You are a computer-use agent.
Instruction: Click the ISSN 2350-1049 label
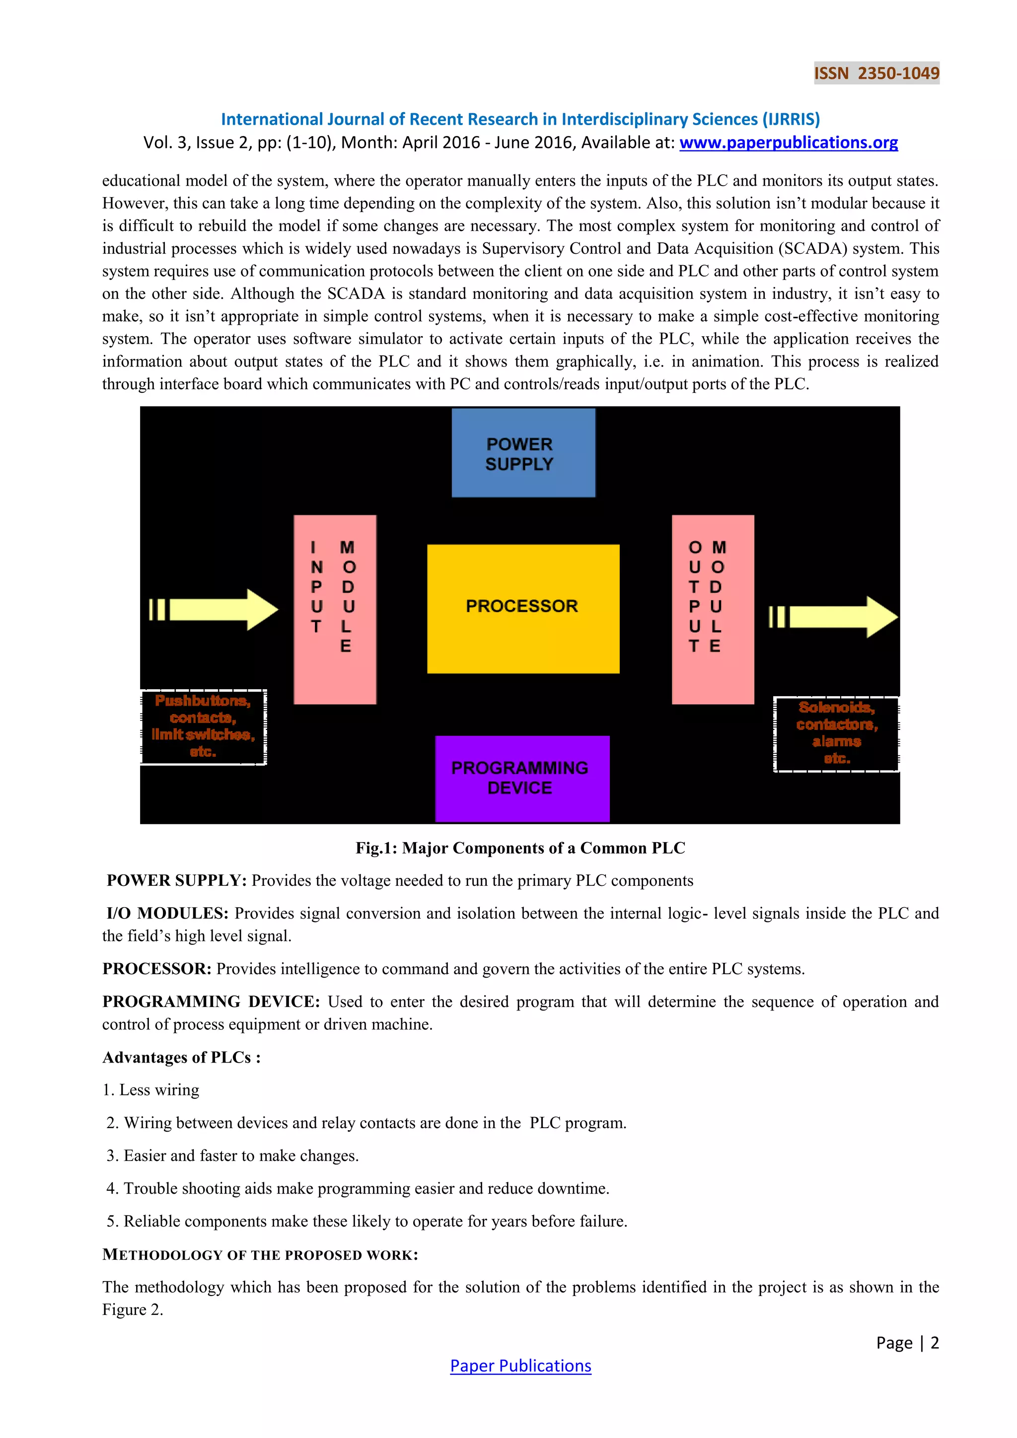coord(876,73)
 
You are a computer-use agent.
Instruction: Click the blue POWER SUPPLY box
coord(523,453)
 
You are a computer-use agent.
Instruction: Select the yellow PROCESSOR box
coord(523,608)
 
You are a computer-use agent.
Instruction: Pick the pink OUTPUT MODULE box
coord(713,609)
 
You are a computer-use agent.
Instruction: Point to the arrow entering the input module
coord(216,609)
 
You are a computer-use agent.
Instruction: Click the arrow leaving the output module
coord(836,616)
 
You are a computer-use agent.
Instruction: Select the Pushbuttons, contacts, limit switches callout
coord(203,726)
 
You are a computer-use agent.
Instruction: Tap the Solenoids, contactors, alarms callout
coord(836,733)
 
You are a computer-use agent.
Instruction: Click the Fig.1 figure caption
coord(520,848)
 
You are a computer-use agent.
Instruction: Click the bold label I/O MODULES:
coord(167,913)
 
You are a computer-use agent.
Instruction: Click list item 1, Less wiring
coord(151,1090)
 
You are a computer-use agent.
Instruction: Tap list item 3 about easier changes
coord(232,1155)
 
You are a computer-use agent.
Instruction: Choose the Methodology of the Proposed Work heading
coord(260,1254)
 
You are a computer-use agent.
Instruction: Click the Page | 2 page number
coord(907,1343)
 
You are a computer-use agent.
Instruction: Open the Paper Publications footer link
coord(520,1366)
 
